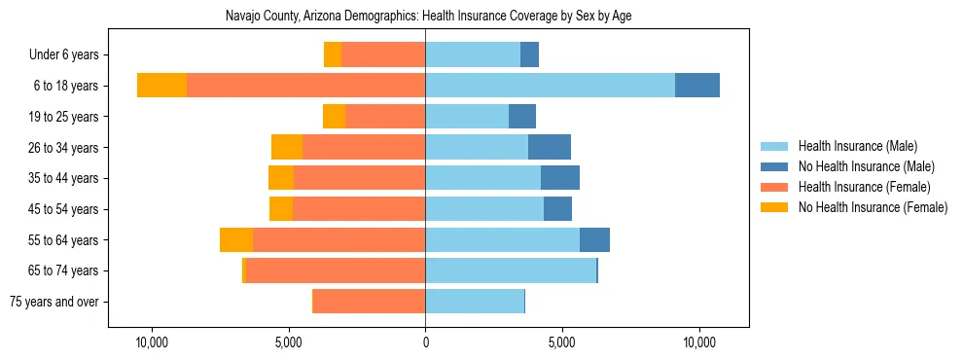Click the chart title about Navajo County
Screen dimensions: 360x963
pos(429,17)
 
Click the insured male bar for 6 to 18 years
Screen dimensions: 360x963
pos(550,86)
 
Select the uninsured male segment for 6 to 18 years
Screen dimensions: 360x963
pos(697,86)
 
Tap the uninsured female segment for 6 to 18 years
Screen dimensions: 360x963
pos(161,86)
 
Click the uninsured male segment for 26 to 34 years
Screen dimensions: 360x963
pos(550,147)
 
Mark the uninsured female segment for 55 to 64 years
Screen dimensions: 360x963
pos(236,239)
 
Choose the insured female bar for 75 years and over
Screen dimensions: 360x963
pos(369,302)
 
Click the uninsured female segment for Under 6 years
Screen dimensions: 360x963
pos(333,55)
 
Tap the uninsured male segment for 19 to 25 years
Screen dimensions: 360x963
pos(522,117)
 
